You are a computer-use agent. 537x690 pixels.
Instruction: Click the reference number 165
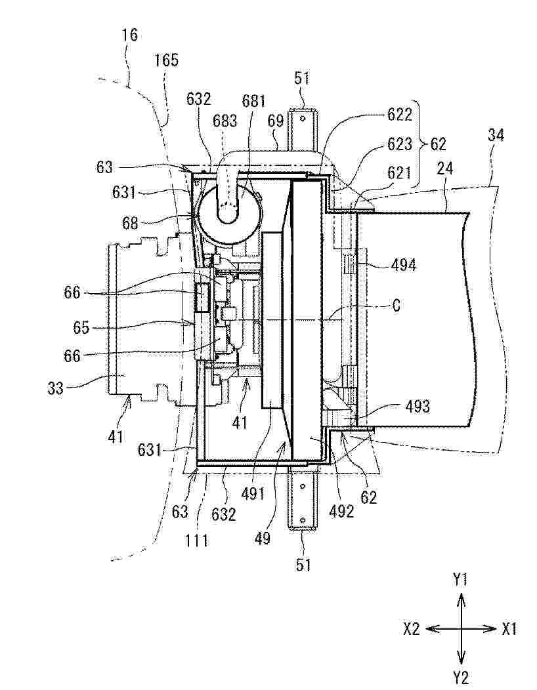tap(166, 60)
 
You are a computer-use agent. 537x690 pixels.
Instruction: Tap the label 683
tap(225, 121)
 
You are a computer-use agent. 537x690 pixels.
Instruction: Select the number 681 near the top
tap(253, 101)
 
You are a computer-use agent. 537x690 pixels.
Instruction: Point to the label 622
tap(399, 114)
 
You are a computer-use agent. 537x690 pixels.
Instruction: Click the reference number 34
tap(496, 135)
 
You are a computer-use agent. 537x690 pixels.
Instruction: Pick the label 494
tap(403, 266)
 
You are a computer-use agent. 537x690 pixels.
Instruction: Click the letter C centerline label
tap(396, 305)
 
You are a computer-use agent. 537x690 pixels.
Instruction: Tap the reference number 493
tap(417, 406)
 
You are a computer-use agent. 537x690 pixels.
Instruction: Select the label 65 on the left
tap(81, 328)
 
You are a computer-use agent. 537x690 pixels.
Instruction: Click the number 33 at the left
tap(56, 388)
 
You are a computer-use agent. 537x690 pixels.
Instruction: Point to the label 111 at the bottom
tap(196, 540)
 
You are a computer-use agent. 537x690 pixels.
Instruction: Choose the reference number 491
tap(253, 493)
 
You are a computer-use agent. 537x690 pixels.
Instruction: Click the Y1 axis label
tap(460, 581)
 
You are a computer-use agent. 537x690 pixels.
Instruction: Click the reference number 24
tap(444, 169)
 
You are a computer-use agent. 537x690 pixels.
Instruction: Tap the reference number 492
tap(341, 510)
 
